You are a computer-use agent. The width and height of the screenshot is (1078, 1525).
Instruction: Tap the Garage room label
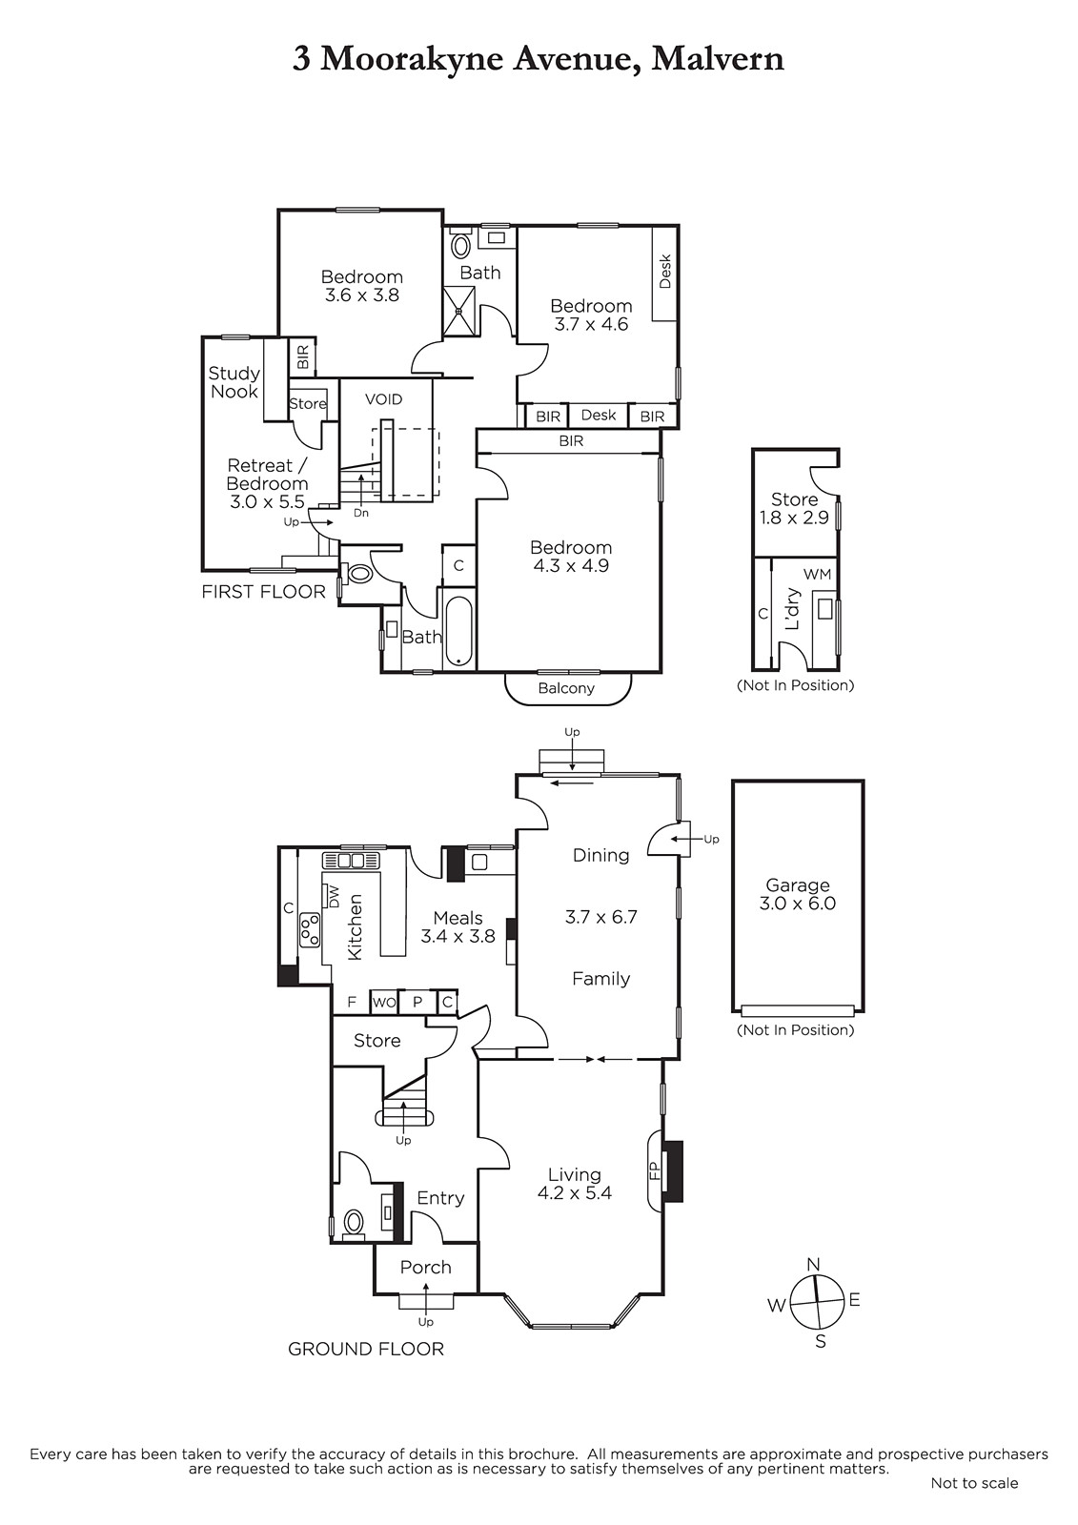click(798, 885)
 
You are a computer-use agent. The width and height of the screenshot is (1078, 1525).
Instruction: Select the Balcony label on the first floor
click(566, 688)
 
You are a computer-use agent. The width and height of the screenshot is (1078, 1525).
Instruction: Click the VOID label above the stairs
click(383, 399)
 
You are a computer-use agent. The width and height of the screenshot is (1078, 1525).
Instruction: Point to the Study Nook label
click(234, 382)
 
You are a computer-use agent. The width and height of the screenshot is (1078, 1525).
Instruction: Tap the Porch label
click(426, 1267)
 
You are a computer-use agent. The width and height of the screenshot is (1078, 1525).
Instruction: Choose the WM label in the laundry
click(817, 574)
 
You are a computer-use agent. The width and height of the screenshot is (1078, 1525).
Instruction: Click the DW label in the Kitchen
click(334, 895)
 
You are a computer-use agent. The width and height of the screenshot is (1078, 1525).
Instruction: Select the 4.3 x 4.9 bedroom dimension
click(571, 565)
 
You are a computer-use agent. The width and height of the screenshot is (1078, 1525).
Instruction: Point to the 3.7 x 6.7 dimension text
click(600, 916)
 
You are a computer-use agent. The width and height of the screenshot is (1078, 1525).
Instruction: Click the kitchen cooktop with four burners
click(310, 930)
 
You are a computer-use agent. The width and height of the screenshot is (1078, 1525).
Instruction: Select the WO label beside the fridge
click(384, 1002)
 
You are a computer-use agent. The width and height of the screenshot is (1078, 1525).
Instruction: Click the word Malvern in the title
click(718, 59)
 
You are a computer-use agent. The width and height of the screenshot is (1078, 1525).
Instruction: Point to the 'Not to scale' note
click(974, 1483)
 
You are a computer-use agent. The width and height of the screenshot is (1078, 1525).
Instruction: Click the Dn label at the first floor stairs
click(361, 513)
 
